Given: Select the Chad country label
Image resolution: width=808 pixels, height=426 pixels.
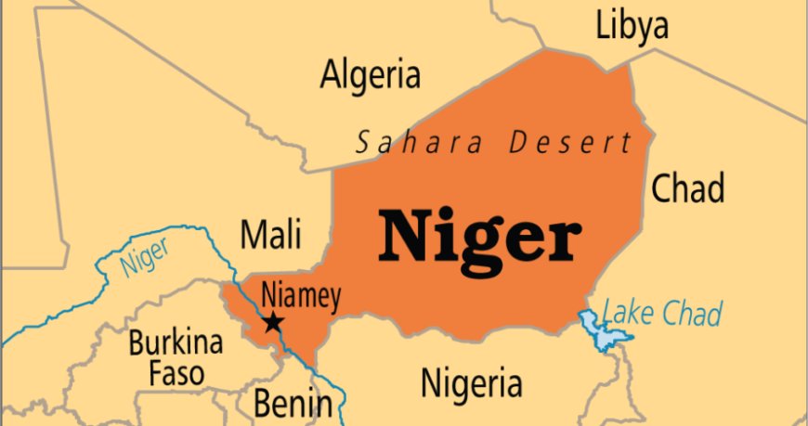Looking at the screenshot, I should point(687,188).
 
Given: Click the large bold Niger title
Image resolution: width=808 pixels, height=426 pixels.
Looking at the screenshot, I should point(479,236).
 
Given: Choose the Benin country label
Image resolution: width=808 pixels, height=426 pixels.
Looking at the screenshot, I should point(293,404).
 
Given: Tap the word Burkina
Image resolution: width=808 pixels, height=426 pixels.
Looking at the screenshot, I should point(176,343).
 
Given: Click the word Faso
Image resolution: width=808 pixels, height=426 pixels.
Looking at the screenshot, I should point(176,374).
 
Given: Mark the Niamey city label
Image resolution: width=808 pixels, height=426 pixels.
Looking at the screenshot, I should point(300,296).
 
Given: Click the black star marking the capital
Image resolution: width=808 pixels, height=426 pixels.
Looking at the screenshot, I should point(273,323).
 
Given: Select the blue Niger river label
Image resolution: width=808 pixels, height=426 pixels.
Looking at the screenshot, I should point(143,259).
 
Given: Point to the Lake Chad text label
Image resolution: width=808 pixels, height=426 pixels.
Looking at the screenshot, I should point(662,314).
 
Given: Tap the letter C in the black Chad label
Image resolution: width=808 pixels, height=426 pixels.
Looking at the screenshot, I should point(662,189).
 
